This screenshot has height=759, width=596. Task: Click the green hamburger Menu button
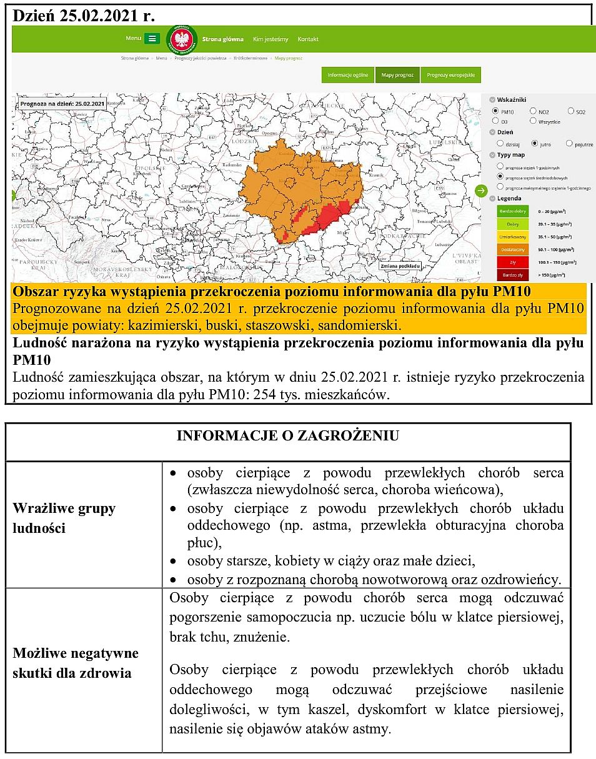[152, 39]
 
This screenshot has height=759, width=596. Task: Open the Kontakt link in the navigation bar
[308, 39]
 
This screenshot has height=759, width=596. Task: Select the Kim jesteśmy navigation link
[271, 39]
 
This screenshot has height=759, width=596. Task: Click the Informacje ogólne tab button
[348, 75]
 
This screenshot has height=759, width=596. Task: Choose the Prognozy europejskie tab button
[450, 75]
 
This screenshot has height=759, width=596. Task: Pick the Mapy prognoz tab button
[397, 75]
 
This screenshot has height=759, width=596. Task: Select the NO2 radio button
[533, 111]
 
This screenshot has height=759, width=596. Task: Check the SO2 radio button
[571, 111]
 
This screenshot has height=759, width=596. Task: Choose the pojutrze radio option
[569, 144]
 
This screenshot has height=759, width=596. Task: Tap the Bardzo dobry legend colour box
[512, 211]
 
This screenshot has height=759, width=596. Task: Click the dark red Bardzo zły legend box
[512, 275]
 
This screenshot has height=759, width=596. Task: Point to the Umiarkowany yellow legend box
[512, 237]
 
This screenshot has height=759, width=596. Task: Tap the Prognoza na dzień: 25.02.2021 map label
[62, 104]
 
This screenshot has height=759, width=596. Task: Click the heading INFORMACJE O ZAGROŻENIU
[288, 436]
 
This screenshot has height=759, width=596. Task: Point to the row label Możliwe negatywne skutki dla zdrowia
[76, 663]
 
